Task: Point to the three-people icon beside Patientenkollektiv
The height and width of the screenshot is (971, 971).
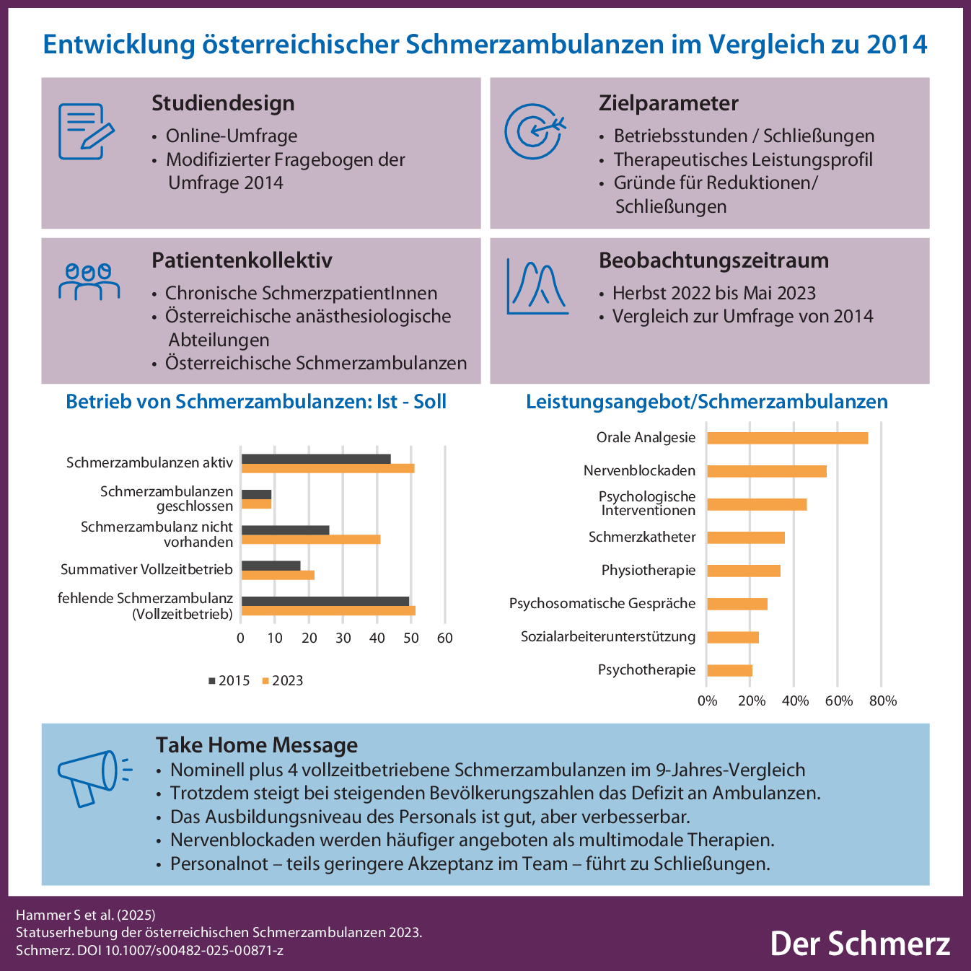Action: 89,281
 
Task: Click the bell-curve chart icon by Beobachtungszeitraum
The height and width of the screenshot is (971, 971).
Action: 537,286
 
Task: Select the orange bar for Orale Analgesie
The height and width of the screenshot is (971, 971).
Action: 787,438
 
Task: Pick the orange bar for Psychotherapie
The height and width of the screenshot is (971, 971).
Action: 729,670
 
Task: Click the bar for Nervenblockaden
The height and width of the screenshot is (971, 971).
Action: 766,471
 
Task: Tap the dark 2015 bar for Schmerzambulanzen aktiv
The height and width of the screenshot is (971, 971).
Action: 316,459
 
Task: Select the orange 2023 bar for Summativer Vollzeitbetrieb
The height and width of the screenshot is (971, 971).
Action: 278,575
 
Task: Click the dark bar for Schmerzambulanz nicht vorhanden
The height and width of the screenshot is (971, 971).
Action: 285,530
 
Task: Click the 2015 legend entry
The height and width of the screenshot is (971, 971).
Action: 229,681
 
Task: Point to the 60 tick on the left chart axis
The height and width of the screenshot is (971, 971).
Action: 445,638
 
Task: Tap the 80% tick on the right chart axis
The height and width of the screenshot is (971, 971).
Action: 883,700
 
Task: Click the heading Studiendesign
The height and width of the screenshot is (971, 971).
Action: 223,103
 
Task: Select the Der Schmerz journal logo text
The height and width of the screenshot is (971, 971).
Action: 860,943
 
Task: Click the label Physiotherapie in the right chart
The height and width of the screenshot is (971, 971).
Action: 649,571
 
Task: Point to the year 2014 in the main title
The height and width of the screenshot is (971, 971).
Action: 897,45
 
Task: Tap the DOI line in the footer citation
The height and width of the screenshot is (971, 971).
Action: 149,950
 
